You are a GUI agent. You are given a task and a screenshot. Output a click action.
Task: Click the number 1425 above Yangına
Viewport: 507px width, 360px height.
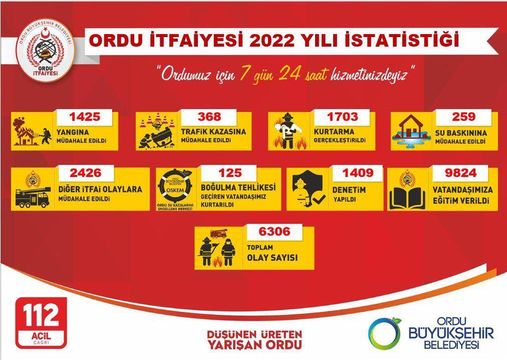click(x=85, y=117)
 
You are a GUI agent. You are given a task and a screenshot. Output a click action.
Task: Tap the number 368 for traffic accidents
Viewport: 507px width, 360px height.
click(x=209, y=117)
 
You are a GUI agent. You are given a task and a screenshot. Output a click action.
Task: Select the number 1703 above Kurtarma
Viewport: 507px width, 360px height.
click(x=342, y=117)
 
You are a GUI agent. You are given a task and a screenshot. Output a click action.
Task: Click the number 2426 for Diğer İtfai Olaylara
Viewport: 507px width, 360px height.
click(x=86, y=173)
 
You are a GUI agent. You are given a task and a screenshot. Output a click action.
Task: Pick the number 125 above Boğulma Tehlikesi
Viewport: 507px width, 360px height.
click(x=230, y=173)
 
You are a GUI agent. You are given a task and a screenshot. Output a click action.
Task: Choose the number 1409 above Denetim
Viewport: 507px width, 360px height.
click(x=358, y=173)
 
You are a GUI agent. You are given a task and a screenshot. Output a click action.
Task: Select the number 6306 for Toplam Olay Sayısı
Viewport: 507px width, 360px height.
click(x=274, y=232)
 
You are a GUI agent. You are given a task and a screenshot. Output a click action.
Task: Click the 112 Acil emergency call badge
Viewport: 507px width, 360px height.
click(x=41, y=322)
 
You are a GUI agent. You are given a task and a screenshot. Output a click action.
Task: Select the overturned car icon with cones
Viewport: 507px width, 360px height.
click(x=156, y=133)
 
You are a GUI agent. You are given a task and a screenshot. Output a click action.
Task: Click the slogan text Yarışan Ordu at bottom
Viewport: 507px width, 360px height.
click(x=255, y=344)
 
